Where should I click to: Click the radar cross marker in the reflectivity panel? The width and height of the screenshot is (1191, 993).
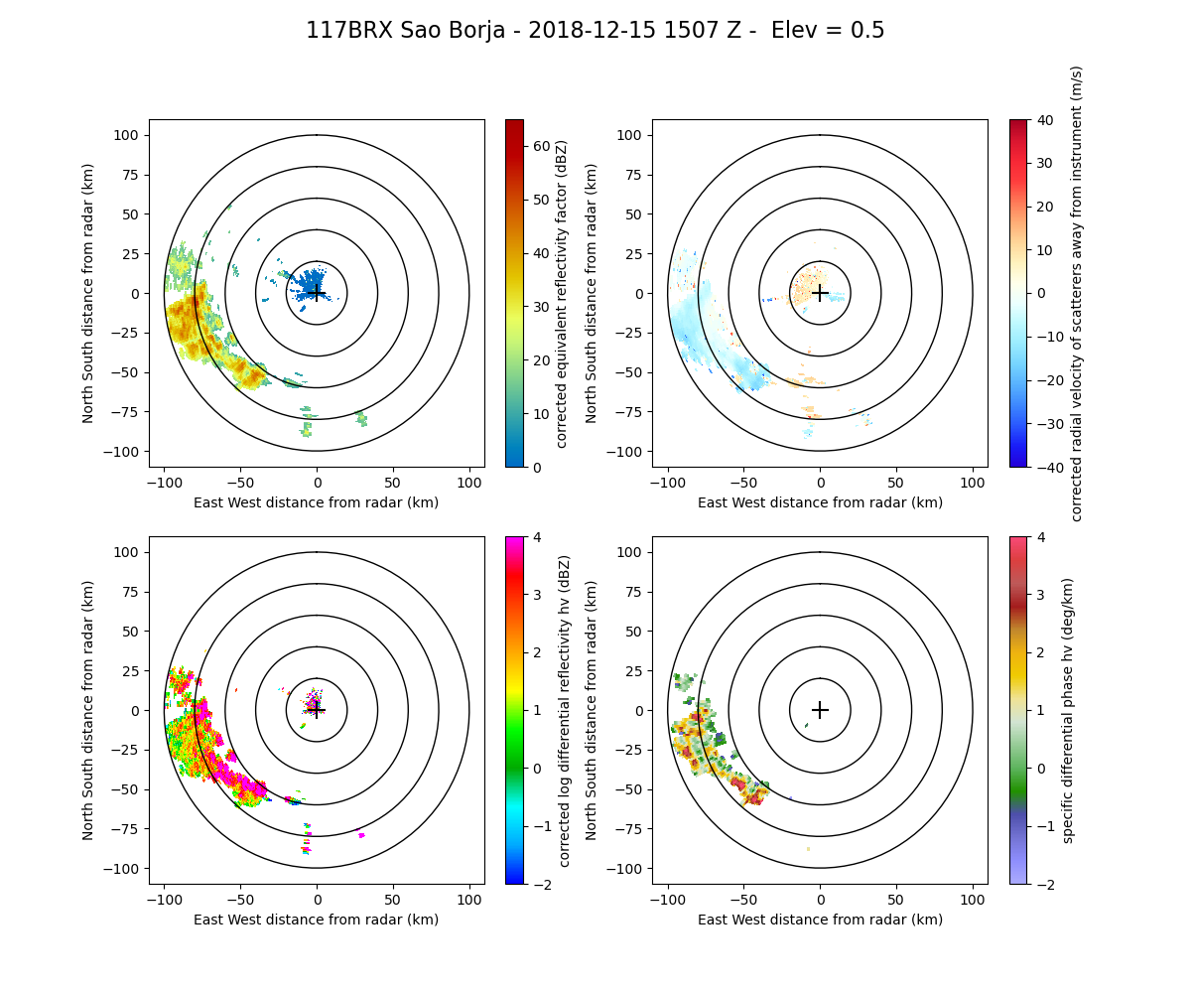(x=317, y=293)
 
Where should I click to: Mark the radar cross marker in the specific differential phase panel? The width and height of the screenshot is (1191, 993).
(x=820, y=710)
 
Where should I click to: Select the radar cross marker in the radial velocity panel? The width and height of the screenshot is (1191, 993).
(x=820, y=293)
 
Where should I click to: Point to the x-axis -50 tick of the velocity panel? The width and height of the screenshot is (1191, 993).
(x=744, y=483)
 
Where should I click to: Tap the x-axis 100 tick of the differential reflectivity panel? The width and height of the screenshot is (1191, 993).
(x=468, y=900)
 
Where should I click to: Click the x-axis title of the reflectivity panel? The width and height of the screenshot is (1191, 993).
(x=317, y=502)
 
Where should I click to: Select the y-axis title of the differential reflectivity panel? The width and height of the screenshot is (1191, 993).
(x=88, y=710)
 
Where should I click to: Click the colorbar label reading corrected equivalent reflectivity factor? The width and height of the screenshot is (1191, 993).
(x=562, y=293)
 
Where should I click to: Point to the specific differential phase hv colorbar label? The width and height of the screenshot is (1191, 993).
(x=1068, y=710)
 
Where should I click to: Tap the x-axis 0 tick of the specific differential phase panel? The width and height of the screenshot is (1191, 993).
(x=820, y=900)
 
